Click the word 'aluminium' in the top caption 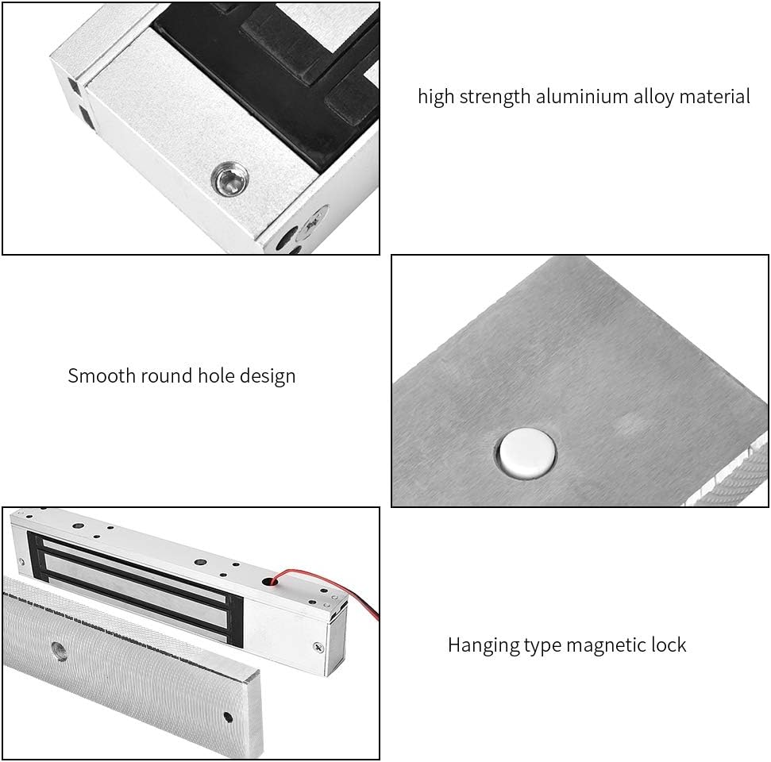tap(580, 97)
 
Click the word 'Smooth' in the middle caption tap(102, 375)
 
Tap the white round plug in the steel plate tap(526, 453)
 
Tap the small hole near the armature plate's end tap(229, 717)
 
